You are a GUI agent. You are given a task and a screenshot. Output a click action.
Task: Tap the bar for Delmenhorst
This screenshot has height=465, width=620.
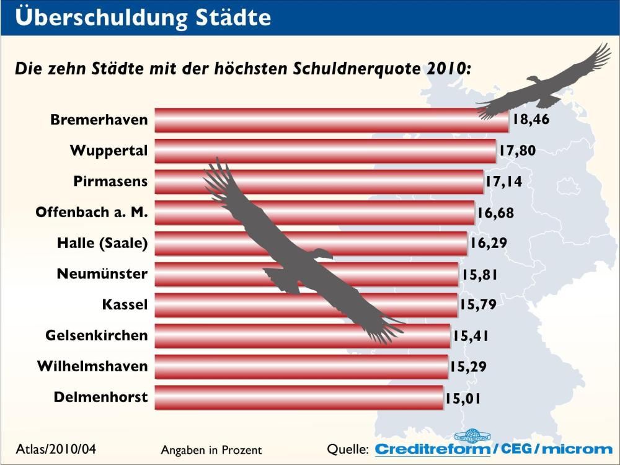(298, 397)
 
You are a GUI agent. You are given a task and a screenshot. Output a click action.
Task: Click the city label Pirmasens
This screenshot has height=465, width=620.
(110, 182)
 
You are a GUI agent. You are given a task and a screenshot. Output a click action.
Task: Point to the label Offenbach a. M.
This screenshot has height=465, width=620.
(92, 213)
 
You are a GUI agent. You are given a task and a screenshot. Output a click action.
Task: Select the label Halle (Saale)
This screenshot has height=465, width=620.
(102, 243)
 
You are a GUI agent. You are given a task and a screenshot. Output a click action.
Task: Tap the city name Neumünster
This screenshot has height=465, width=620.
(102, 274)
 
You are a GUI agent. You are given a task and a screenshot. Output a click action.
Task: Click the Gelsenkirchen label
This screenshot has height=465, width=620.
(97, 336)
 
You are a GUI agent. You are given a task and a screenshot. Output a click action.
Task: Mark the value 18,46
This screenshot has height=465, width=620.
(531, 120)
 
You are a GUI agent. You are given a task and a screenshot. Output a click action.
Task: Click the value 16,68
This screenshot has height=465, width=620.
(495, 213)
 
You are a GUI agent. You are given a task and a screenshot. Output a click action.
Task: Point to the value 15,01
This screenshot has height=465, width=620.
(463, 398)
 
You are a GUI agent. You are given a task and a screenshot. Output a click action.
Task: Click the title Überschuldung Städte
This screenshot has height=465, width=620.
(143, 17)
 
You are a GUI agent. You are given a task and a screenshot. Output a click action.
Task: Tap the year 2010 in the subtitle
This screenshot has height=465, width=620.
(446, 68)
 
